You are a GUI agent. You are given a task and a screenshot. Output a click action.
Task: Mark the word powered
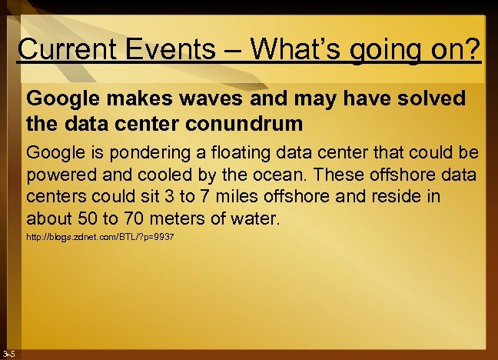click(x=59, y=173)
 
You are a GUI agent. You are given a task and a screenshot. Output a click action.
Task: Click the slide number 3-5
click(x=9, y=353)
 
